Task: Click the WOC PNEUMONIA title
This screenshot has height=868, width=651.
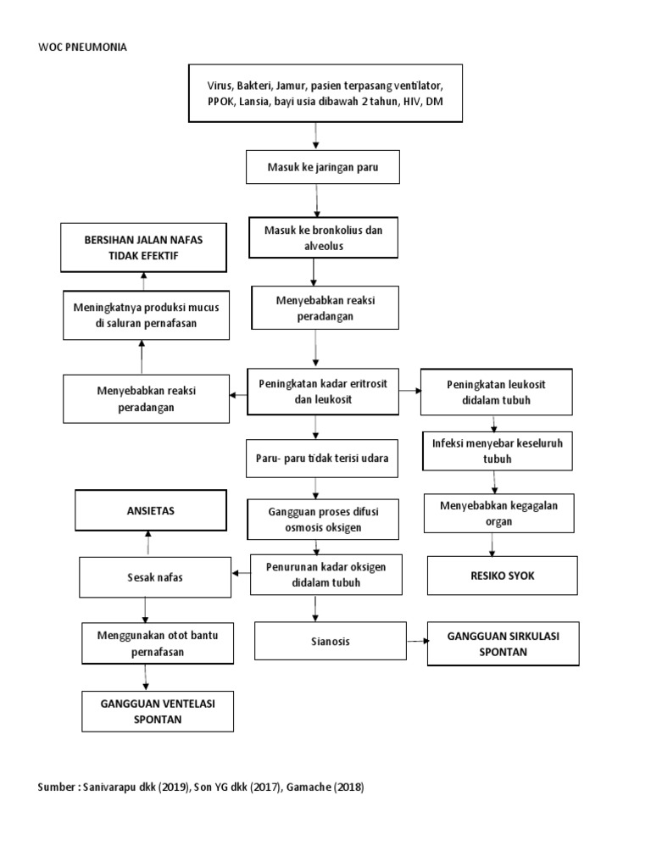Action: click(82, 47)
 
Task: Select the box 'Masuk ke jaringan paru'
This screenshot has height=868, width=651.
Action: click(315, 167)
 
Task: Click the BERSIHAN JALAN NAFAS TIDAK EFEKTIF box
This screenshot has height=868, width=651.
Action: click(143, 247)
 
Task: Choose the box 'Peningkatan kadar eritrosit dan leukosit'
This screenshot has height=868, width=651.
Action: click(322, 391)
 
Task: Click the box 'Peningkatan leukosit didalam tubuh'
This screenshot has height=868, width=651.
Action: click(496, 392)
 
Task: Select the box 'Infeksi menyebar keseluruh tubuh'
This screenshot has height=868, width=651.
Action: click(497, 450)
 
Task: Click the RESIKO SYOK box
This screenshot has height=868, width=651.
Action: click(503, 576)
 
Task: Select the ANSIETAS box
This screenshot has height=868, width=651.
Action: click(150, 511)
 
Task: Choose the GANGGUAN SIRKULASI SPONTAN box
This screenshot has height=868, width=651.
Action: click(504, 643)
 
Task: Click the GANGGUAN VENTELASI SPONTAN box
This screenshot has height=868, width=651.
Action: click(158, 711)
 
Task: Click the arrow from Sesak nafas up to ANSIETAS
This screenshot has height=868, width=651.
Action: click(148, 542)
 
